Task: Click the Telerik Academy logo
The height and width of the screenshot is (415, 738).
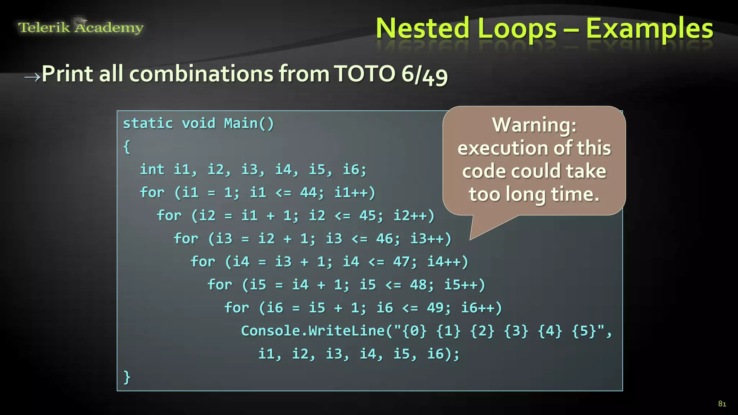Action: pyautogui.click(x=81, y=27)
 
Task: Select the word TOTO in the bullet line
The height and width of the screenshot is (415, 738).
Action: pyautogui.click(x=364, y=74)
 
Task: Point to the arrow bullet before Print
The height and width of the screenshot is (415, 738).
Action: pyautogui.click(x=32, y=77)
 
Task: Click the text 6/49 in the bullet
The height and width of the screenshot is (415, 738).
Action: pyautogui.click(x=424, y=75)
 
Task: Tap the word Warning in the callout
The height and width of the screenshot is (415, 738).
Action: pyautogui.click(x=534, y=125)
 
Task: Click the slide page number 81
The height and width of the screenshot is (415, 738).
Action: pyautogui.click(x=722, y=404)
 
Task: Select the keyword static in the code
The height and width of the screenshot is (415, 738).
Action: pyautogui.click(x=148, y=124)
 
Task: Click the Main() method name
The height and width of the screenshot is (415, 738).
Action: pyautogui.click(x=249, y=124)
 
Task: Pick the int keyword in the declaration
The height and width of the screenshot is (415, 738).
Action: pyautogui.click(x=152, y=169)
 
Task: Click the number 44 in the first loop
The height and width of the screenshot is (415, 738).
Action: pyautogui.click(x=308, y=192)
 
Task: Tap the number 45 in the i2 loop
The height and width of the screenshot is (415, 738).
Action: pyautogui.click(x=368, y=215)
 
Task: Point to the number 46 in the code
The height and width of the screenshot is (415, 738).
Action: pyautogui.click(x=384, y=238)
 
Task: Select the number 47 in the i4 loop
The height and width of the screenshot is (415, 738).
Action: pyautogui.click(x=401, y=262)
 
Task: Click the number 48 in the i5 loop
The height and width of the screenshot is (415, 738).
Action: pyautogui.click(x=418, y=285)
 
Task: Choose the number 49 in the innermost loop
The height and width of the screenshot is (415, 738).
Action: pyautogui.click(x=435, y=308)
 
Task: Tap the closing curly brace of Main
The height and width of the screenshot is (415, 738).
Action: pyautogui.click(x=127, y=377)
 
